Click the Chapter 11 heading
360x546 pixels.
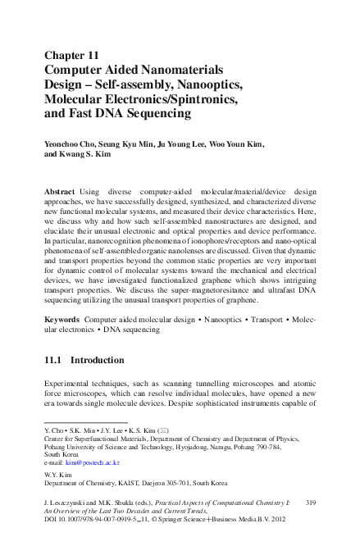point(75,56)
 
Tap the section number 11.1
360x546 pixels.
point(54,359)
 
